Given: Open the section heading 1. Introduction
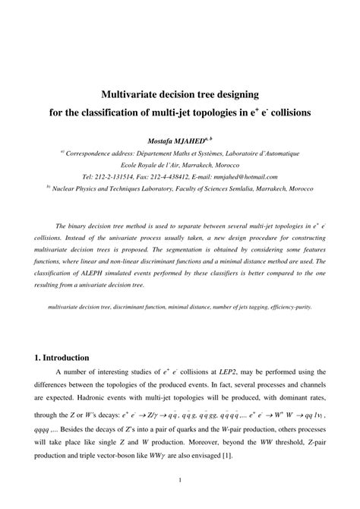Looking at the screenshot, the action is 63,357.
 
